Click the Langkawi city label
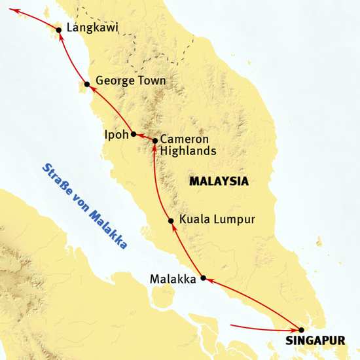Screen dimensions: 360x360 coord(93,29)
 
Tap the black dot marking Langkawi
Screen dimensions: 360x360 coord(60,29)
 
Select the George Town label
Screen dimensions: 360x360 coord(130,81)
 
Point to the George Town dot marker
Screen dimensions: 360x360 coord(87,84)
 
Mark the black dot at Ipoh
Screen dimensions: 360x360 coord(134,135)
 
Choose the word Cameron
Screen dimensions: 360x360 coord(184,139)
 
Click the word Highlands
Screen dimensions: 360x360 coord(188,151)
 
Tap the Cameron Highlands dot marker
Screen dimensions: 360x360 coord(155,141)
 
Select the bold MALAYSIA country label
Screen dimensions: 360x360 coord(219,181)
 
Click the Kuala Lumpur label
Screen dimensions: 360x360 coord(217,220)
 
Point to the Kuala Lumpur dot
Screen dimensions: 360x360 coord(170,221)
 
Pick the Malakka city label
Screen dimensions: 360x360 coord(173,279)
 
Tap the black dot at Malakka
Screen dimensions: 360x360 coord(203,278)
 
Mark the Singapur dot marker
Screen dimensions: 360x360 coord(300,330)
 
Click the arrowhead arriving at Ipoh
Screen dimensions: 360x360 coord(139,136)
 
